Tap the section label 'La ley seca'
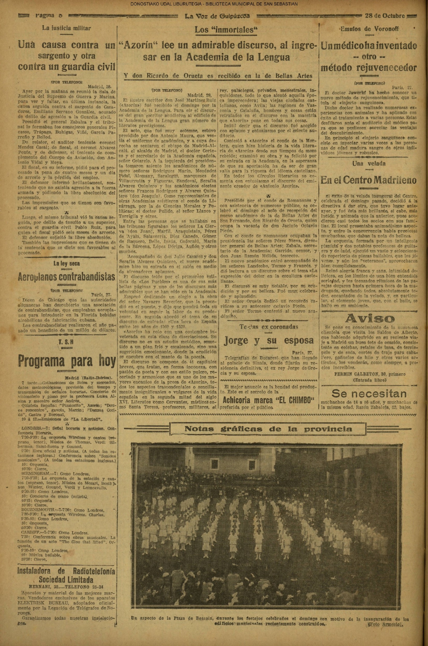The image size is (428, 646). tap(66, 263)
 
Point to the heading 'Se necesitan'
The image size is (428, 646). tap(369, 393)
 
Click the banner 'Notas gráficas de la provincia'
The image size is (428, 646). tap(268, 429)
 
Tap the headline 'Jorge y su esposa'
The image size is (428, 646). tap(269, 340)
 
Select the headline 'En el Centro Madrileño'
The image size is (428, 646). tap(368, 180)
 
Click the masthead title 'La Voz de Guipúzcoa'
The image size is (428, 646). tap(217, 16)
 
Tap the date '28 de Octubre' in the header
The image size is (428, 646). tap(385, 16)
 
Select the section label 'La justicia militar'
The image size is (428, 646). tap(66, 28)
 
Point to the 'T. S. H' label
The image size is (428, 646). tap(66, 343)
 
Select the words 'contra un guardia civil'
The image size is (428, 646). tap(66, 66)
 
